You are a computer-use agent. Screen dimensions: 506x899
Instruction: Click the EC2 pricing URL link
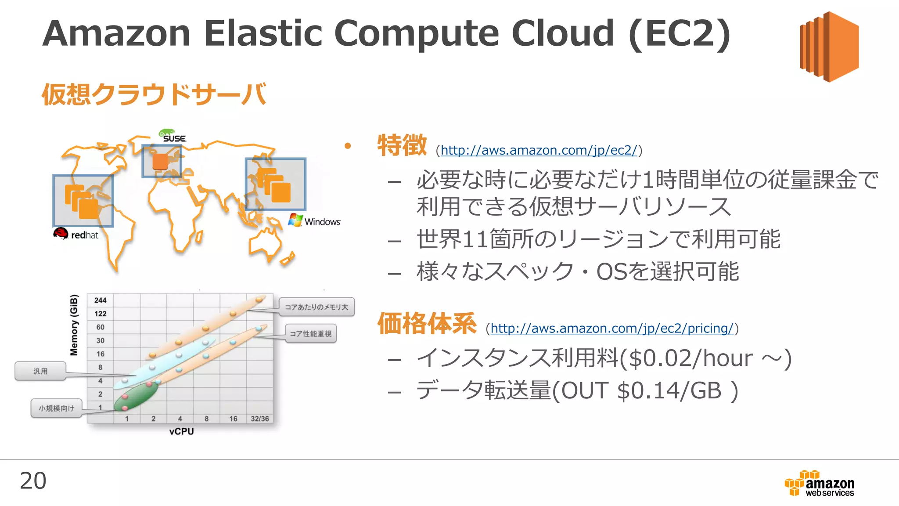612,328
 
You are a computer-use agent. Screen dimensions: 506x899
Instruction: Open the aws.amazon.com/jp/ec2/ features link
539,150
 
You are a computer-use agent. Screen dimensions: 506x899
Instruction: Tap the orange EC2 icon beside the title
829,47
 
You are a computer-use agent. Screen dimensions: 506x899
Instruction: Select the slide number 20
33,481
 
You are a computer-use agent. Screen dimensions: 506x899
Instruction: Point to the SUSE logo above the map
173,136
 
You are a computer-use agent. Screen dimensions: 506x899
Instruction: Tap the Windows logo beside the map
314,221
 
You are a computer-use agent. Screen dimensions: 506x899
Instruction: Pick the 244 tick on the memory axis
100,300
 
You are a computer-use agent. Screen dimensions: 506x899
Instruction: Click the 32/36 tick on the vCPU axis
259,419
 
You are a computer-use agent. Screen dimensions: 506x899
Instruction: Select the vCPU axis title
181,431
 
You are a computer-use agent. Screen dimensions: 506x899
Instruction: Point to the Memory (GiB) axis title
74,325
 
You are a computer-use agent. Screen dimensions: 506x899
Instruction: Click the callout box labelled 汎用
40,371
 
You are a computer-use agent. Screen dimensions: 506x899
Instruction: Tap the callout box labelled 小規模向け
57,408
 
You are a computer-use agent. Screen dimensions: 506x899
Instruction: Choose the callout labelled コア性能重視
310,334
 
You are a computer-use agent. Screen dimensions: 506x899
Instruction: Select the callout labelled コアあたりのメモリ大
316,307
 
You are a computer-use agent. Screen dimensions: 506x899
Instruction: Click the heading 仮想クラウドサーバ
154,94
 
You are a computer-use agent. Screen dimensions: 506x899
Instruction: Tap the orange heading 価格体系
427,324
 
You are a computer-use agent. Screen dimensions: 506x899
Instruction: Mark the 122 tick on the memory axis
100,314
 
